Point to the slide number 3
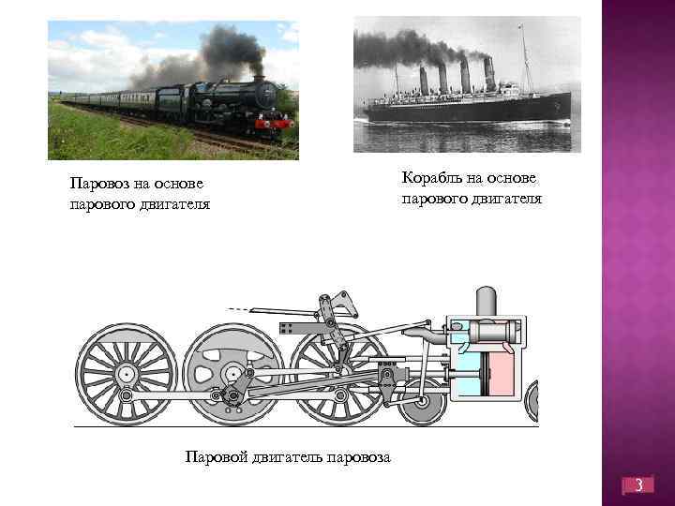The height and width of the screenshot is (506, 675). [638, 486]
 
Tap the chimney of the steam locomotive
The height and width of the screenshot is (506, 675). [258, 82]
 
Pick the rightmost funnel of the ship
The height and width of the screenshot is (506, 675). [488, 74]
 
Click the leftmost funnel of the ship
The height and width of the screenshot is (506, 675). [424, 81]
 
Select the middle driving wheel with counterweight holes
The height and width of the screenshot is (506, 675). [232, 373]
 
